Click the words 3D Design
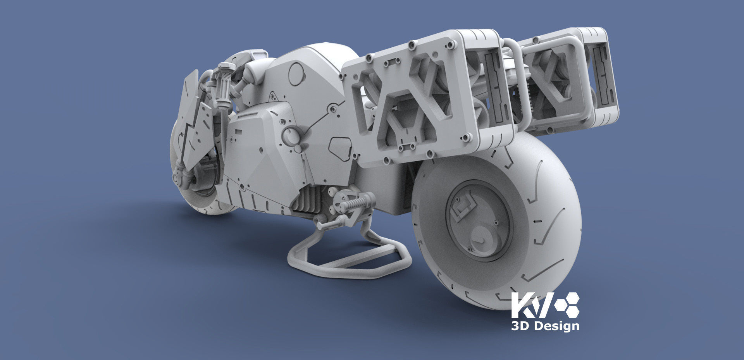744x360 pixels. click(x=545, y=326)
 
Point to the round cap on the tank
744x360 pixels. click(x=297, y=74)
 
